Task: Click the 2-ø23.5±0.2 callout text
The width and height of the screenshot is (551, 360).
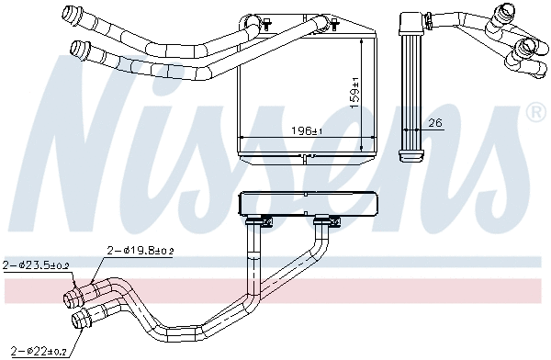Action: point(36,265)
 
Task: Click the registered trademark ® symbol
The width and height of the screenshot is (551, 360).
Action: point(534,112)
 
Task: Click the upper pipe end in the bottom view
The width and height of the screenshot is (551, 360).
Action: point(72,298)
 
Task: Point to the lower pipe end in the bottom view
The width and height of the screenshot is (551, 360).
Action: point(80,321)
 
